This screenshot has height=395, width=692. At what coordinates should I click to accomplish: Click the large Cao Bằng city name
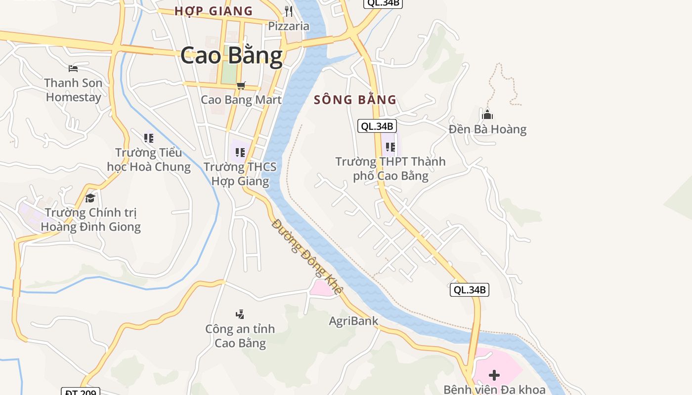[231, 55]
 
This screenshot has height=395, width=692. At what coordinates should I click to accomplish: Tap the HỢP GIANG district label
[214, 11]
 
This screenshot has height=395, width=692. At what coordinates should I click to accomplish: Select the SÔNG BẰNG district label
[355, 100]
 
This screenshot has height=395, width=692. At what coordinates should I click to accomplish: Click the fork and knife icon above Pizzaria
[289, 11]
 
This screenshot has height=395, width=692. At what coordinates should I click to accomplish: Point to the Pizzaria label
[289, 26]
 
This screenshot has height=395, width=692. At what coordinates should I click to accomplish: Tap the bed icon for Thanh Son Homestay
[73, 68]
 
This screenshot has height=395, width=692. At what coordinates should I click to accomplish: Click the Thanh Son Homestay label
[73, 90]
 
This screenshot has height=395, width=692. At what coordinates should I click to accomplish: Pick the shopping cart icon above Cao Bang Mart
[241, 86]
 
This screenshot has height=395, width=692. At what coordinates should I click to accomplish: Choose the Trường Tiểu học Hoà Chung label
[149, 159]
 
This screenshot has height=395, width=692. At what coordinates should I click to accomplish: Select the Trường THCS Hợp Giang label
[240, 174]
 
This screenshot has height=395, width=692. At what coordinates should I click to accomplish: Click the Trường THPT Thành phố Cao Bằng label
[390, 168]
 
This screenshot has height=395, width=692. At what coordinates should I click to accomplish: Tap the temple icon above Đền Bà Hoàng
[487, 115]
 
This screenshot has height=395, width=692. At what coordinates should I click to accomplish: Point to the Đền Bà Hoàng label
[487, 129]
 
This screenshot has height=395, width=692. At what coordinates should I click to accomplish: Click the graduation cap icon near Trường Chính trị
[90, 198]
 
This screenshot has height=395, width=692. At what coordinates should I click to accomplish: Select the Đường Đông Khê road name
[306, 257]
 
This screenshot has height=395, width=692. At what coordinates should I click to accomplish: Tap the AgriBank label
[353, 321]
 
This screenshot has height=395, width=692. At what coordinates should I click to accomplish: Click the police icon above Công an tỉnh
[240, 314]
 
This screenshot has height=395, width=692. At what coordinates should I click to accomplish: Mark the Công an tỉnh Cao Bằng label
[240, 336]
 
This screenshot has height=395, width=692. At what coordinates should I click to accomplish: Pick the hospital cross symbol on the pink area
[494, 375]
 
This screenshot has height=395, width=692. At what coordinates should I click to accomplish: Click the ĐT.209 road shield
[81, 392]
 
